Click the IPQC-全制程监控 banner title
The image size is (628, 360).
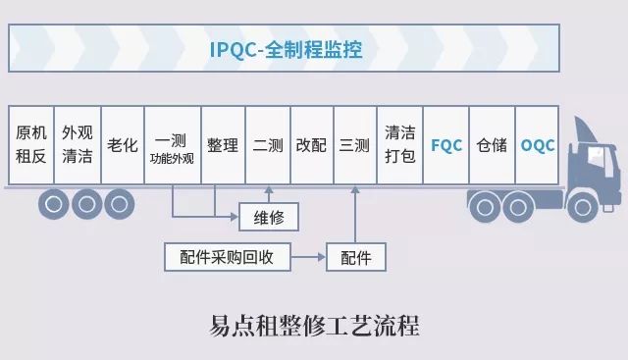pos(286,50)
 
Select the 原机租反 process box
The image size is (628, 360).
pos(30,144)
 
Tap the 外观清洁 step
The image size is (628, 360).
pos(78,144)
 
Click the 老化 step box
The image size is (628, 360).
pos(123,144)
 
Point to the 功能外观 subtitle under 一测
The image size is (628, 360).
pos(172,159)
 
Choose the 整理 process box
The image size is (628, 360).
pos(223,144)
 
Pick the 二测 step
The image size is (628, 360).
pos(268,144)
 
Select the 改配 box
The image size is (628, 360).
pos(312,144)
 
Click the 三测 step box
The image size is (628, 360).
pos(355,144)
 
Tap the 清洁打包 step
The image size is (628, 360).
pos(399,144)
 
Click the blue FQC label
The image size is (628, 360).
pos(446,145)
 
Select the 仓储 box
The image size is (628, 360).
pos(492,144)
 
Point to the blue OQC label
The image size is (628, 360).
pos(538,145)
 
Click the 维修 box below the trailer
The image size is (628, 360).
pos(269,217)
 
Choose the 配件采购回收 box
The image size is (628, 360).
pos(228,257)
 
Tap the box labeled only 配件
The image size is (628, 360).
pos(356,257)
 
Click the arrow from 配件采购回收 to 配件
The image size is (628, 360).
pos(308,257)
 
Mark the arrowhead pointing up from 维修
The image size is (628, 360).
pos(269,190)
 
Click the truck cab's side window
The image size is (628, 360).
pos(596,156)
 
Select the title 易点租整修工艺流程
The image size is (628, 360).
pos(314,325)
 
